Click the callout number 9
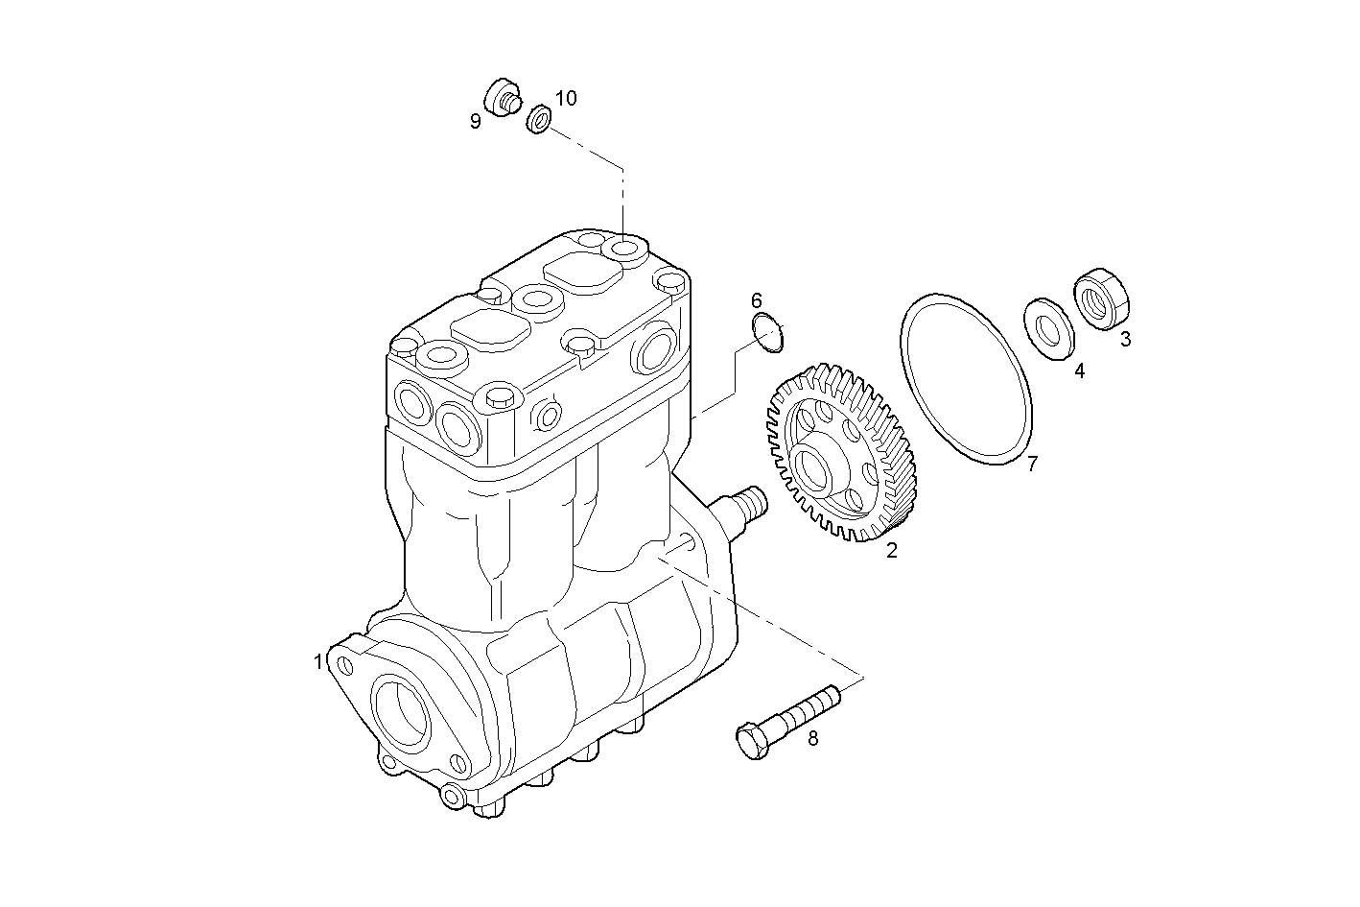coord(475,121)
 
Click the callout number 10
coord(566,98)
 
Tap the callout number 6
coord(757,300)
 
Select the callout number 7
coord(1032,465)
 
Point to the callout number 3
coord(1125,339)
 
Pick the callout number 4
coord(1079,370)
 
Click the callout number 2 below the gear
coord(891,551)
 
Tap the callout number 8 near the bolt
coord(813,738)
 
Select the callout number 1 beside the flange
coord(317,662)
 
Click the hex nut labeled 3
coord(1101,298)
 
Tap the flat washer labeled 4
coord(1049,330)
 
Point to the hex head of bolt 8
coord(752,743)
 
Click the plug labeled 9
coord(502,97)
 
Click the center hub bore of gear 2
coord(813,467)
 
